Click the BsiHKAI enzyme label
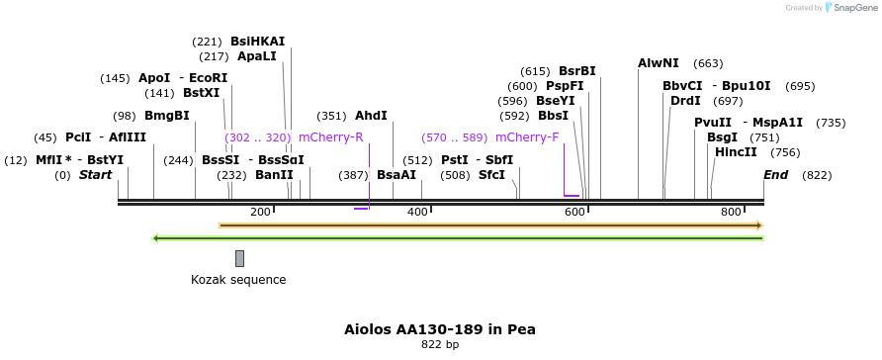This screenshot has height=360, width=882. pos(257,42)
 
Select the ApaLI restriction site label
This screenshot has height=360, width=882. pos(257,56)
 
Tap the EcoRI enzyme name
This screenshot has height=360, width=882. pos(209,78)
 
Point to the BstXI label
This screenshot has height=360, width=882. pos(202,93)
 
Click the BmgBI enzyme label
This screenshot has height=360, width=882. pos(166,116)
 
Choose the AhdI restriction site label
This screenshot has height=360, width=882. pos(371,116)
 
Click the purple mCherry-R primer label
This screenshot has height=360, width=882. pos(331,137)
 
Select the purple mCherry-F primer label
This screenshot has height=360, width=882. pos(527,137)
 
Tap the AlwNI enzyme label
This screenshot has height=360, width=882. pos(659,63)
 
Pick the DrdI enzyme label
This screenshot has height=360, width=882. pos(685,101)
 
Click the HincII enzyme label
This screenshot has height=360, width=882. pos(736,152)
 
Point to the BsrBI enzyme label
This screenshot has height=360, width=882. pos(577,71)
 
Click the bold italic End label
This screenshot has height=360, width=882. pos(776,175)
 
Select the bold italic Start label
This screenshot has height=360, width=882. pos(96,175)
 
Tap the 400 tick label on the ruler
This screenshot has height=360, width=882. pos(417,212)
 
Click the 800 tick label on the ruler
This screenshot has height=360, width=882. pos(732,212)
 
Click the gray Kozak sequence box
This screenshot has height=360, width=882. pos(239,258)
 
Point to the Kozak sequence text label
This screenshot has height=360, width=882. pos(238,280)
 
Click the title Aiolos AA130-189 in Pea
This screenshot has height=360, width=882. pos(440,328)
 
